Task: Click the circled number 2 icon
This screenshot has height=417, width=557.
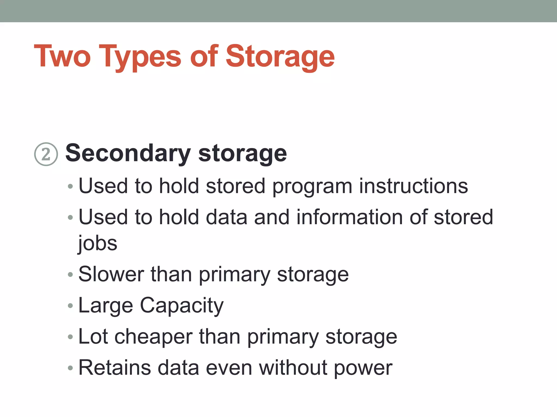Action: tap(46, 154)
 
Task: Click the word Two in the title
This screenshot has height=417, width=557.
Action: tap(62, 56)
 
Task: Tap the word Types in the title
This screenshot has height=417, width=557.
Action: tap(140, 57)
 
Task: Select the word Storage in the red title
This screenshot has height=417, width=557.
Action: tap(280, 57)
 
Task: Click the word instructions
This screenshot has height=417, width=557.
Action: tap(413, 186)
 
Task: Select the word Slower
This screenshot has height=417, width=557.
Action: tap(111, 274)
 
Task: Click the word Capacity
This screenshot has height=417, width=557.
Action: tap(181, 306)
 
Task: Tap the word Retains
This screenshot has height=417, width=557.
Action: tap(115, 368)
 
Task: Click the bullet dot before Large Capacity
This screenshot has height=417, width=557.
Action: tap(70, 306)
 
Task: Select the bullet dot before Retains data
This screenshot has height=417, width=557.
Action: tap(70, 368)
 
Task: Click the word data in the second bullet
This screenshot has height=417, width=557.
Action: tap(226, 217)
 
